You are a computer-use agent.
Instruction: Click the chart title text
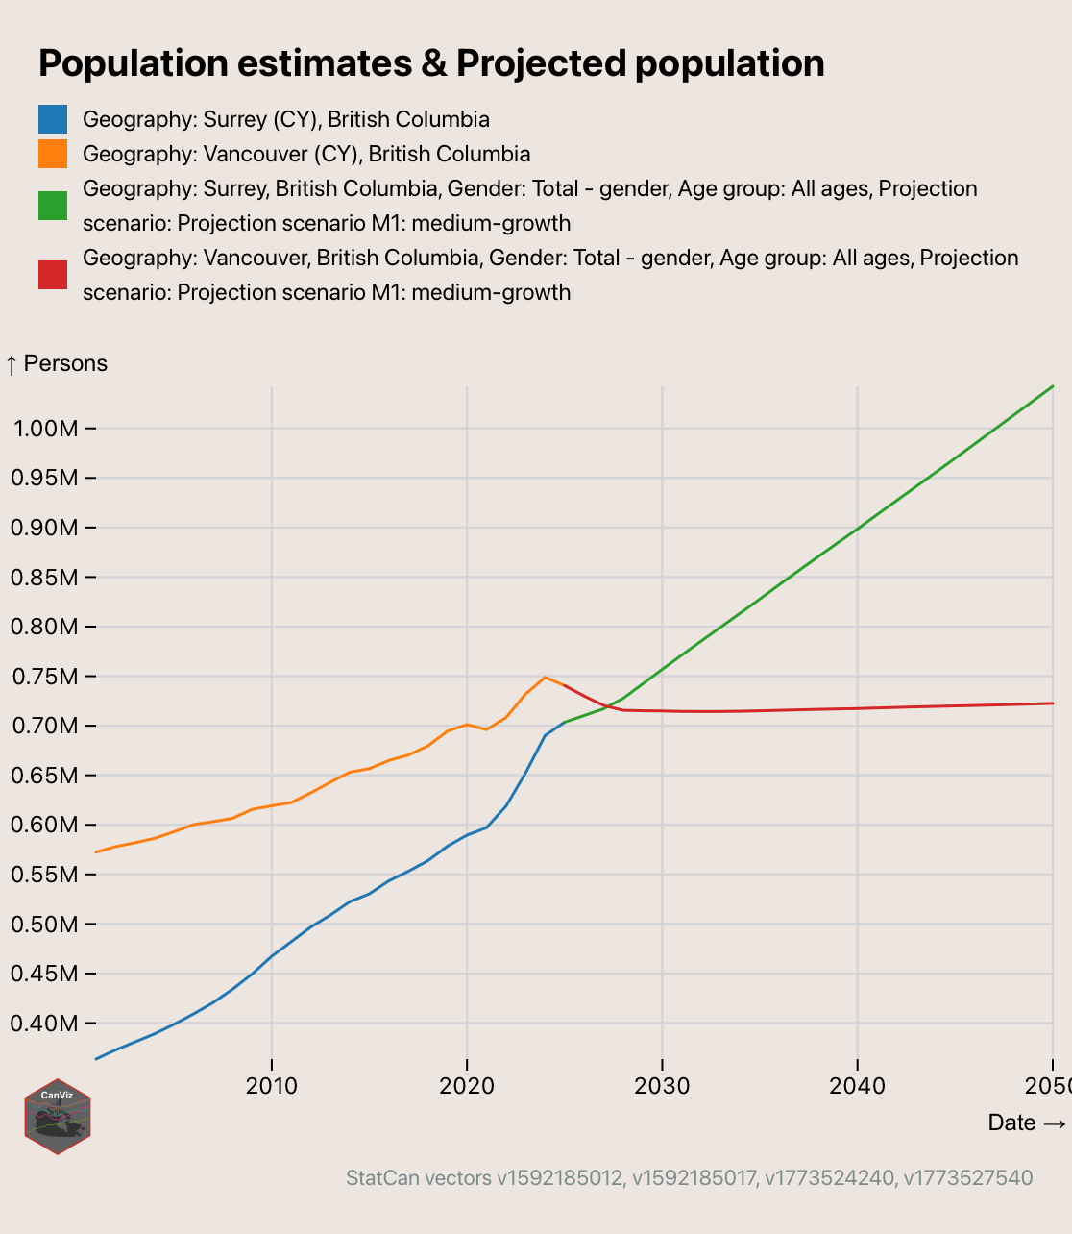pos(431,63)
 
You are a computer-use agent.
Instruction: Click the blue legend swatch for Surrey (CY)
pos(53,119)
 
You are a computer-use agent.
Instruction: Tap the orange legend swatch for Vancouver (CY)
pos(53,154)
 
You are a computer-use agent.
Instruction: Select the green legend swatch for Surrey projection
pos(53,206)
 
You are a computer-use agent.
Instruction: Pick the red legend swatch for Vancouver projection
pos(53,275)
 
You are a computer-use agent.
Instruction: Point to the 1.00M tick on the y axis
pos(43,429)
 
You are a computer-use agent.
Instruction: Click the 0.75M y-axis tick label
pos(43,677)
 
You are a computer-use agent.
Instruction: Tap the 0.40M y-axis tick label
pos(43,1024)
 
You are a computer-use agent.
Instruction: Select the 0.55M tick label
pos(43,875)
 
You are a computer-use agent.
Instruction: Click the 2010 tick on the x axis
pos(272,1086)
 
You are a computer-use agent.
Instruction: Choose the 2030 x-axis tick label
pos(662,1086)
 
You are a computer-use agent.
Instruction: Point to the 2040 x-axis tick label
pos(857,1086)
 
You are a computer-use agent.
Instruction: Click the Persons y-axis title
pos(57,363)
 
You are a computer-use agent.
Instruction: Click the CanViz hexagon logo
pos(58,1116)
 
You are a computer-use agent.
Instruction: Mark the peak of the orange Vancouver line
pos(545,677)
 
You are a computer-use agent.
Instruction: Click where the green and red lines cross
pos(610,705)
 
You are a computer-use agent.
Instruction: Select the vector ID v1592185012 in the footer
pos(559,1178)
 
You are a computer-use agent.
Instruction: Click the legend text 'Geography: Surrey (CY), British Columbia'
pos(286,119)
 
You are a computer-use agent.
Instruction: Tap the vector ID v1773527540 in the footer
pos(967,1178)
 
